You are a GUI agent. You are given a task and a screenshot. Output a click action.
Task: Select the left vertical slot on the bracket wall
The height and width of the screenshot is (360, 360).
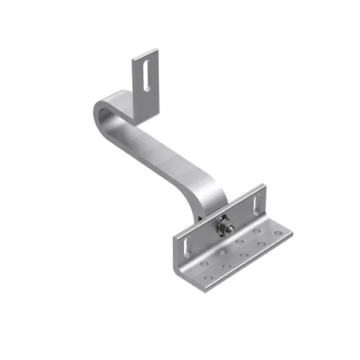click(x=186, y=240)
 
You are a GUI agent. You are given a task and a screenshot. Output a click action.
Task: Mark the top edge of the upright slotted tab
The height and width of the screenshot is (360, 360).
click(x=145, y=52)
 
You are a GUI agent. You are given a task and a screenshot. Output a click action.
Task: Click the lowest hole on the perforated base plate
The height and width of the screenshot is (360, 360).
click(x=207, y=278)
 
